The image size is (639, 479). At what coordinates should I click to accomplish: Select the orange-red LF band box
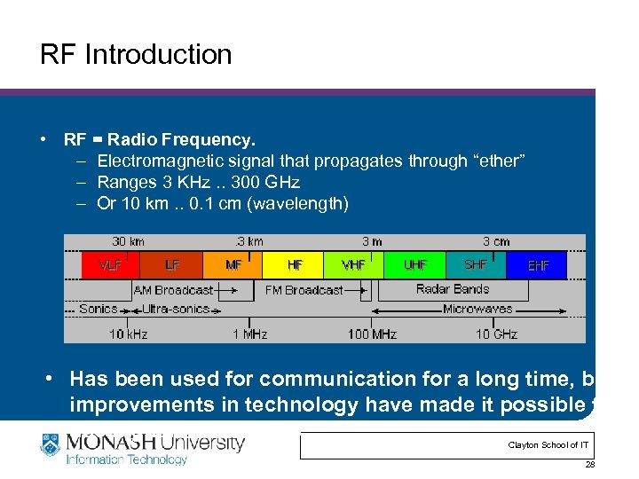(172, 265)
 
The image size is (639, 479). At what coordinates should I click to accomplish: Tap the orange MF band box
(233, 265)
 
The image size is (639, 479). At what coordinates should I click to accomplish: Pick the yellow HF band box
(294, 265)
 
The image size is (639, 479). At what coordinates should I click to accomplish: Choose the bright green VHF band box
(354, 265)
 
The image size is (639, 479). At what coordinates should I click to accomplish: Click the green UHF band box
(414, 265)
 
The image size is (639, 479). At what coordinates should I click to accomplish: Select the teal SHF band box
(475, 265)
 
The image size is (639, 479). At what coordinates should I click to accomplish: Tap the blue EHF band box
(537, 265)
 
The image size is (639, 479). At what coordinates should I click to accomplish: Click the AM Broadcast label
(173, 290)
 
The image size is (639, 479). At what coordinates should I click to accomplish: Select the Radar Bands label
(453, 289)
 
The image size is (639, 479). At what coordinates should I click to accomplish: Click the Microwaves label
(477, 310)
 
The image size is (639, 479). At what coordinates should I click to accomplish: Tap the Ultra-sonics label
(177, 310)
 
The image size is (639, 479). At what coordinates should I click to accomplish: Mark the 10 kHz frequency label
(129, 334)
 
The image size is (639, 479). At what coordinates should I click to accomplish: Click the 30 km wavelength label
(129, 241)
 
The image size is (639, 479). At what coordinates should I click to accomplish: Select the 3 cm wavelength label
(496, 241)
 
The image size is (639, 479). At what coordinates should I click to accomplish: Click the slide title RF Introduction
(136, 55)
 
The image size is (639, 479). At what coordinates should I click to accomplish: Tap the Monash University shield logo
(50, 445)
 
